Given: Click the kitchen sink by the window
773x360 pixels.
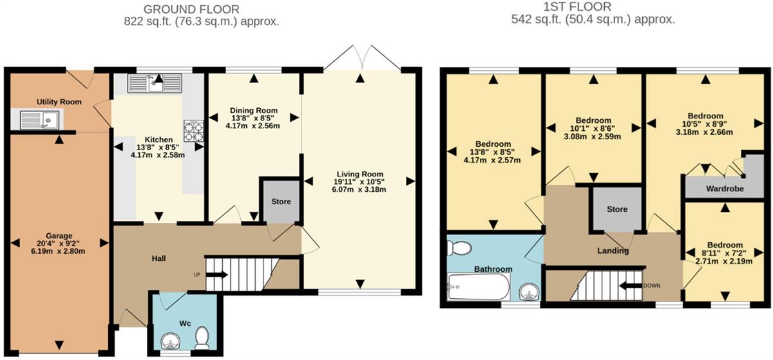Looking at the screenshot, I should [x=156, y=84].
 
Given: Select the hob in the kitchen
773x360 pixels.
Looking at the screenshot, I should [x=193, y=131].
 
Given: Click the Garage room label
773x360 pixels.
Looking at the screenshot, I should [x=59, y=236].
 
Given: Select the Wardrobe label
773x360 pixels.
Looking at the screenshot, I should [x=725, y=189].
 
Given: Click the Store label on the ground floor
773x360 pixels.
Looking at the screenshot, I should [x=281, y=202].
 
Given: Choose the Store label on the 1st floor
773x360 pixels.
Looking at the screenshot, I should [x=616, y=209].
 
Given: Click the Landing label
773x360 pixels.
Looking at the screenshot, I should [x=613, y=251].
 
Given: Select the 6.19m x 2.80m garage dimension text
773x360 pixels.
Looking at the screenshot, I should [x=59, y=251].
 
